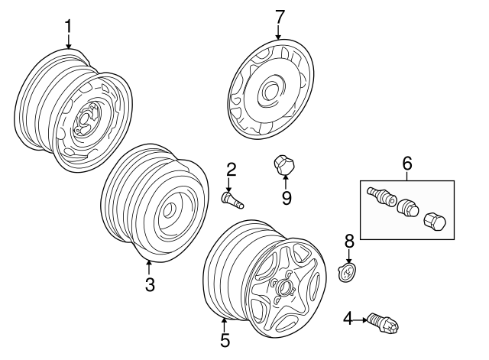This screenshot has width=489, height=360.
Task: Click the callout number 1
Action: click(68, 27)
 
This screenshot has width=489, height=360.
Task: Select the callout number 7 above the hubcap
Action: click(279, 15)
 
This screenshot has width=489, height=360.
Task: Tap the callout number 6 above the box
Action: click(406, 162)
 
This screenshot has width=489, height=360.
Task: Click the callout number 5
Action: click(225, 339)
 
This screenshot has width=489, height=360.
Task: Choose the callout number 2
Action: click(230, 170)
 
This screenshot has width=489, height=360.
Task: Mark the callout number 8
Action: click(348, 241)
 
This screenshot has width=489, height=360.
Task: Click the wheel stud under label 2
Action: click(232, 200)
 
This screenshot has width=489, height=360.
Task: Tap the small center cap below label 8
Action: click(348, 272)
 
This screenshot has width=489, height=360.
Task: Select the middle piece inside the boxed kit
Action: click(406, 207)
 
